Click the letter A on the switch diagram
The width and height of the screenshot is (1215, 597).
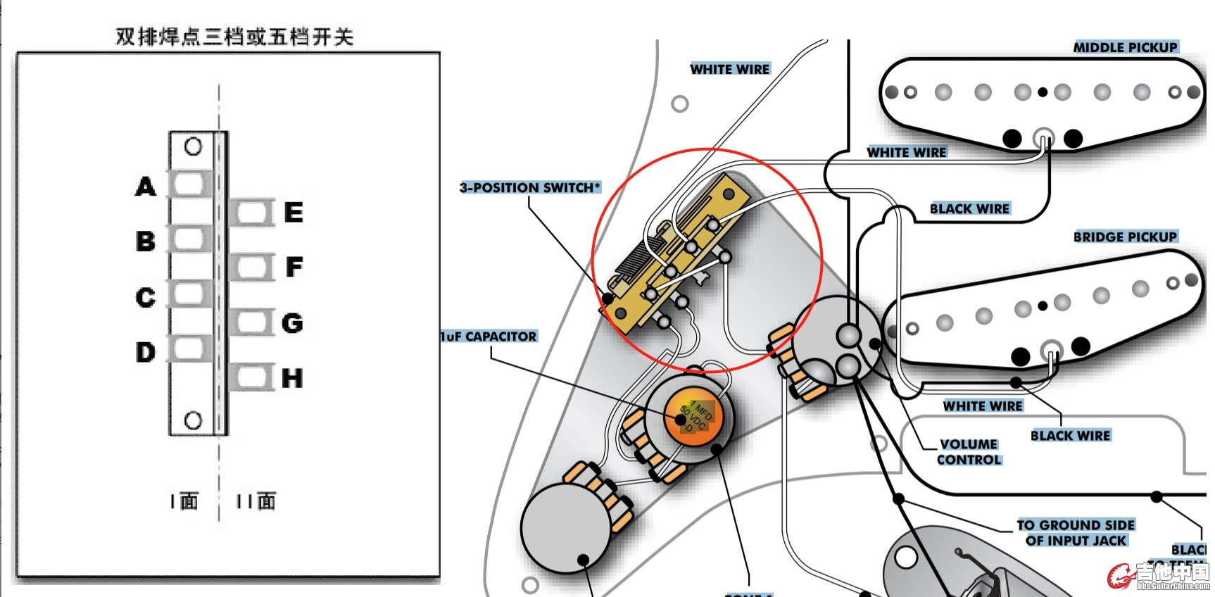pos(146,187)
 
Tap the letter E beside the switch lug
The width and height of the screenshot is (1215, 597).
pos(294,212)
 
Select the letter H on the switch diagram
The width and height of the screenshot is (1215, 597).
pos(292,378)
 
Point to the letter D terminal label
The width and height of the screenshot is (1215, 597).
pos(146,351)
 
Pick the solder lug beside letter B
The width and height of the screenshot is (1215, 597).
pos(189,239)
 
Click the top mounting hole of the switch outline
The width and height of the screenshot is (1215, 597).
pos(193,146)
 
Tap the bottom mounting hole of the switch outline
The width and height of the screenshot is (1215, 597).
pos(193,420)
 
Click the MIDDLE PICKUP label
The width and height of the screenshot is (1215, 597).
pos(1125,47)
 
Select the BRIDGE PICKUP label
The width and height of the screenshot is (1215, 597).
pos(1125,237)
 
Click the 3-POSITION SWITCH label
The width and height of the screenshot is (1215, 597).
pos(530,188)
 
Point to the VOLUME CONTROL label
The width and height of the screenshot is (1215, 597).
pos(969,452)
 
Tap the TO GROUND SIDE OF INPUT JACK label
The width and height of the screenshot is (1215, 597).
pos(1076,533)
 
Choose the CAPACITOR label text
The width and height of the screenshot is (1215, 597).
pos(489,337)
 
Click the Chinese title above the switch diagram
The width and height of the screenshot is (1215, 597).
pos(234,37)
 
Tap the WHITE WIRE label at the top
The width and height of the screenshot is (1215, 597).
pos(730,69)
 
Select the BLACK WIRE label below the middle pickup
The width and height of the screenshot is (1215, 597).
pos(969,208)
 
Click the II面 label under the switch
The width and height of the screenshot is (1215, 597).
pos(256,501)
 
